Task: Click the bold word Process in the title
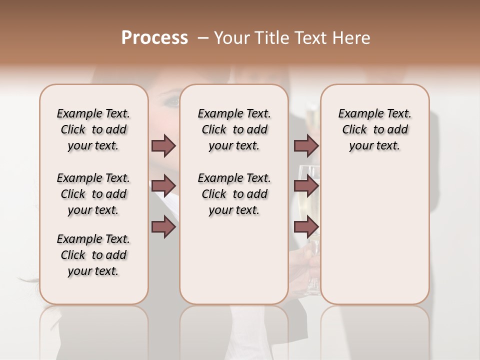click(154, 38)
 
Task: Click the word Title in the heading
click(272, 38)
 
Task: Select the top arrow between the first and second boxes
click(163, 145)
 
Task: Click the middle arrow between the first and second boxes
click(163, 186)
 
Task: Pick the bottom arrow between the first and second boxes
click(163, 227)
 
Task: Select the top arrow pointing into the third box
click(306, 145)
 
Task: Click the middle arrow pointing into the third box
click(306, 186)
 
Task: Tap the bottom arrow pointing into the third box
click(306, 227)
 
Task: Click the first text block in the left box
click(93, 129)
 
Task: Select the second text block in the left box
click(93, 194)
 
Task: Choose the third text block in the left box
click(93, 255)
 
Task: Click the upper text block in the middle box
click(234, 129)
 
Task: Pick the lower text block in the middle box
click(234, 194)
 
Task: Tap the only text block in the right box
click(374, 129)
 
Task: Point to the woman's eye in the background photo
click(172, 101)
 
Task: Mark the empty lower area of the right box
click(374, 235)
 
